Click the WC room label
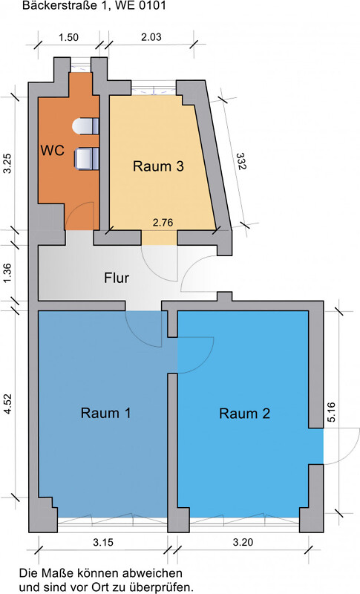(x=52, y=150)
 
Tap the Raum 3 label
(x=158, y=166)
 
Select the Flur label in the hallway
(x=117, y=279)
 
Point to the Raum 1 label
(x=106, y=414)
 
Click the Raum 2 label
(x=244, y=414)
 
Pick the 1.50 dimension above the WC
(x=69, y=37)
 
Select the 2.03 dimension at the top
(x=151, y=37)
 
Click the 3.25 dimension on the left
(x=8, y=163)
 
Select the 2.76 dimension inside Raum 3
(x=163, y=222)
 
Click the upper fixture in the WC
(x=88, y=126)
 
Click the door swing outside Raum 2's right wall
(x=337, y=451)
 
